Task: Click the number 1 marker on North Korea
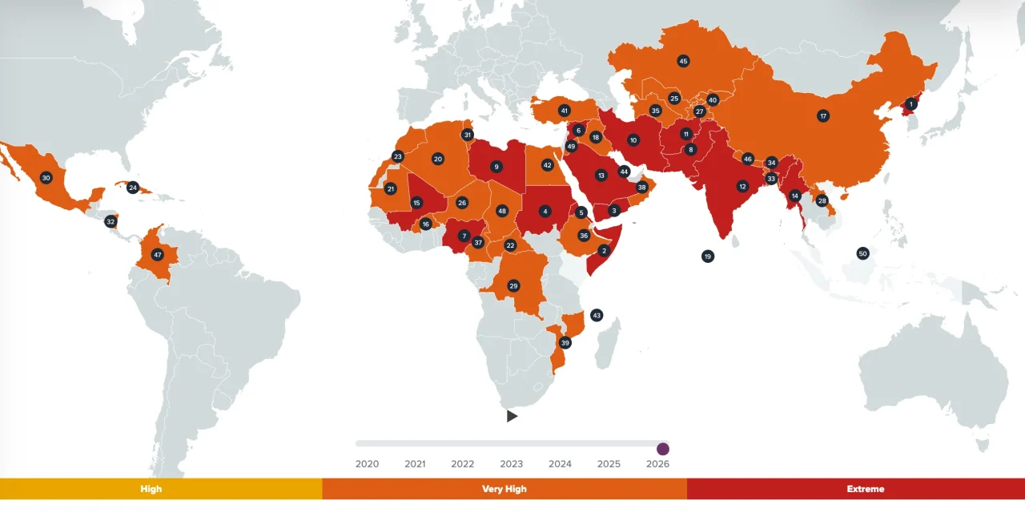[x=910, y=103]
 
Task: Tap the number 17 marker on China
[x=823, y=116]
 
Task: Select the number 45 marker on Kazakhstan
[x=683, y=61]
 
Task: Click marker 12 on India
[x=742, y=186]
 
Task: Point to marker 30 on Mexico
[x=46, y=178]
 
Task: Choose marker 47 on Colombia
[x=157, y=255]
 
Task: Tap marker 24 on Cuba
[x=133, y=188]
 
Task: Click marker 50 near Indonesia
[x=862, y=253]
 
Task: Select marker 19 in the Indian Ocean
[x=707, y=256]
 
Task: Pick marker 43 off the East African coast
[x=596, y=315]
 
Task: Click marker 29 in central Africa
[x=513, y=286]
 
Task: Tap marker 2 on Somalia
[x=604, y=250]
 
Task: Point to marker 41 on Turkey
[x=564, y=111]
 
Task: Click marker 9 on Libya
[x=496, y=167]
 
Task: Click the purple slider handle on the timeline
[x=663, y=449]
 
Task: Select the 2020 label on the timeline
[x=367, y=464]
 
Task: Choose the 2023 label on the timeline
[x=512, y=464]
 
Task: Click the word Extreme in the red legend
[x=865, y=489]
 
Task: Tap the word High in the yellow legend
[x=151, y=489]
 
